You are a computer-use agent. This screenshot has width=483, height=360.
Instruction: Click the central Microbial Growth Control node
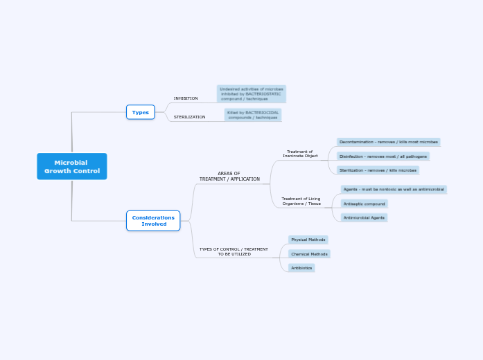point(72,166)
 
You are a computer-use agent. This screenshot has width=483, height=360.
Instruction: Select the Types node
point(141,112)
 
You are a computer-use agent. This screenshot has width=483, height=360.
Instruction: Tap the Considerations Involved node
point(153,221)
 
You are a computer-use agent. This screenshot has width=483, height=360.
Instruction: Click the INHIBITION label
point(186,98)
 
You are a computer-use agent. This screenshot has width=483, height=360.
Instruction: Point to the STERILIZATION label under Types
point(189,117)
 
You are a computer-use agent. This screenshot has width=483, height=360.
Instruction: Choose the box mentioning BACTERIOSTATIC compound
point(252,93)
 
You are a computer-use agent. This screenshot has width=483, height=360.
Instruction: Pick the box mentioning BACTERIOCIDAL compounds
point(253,115)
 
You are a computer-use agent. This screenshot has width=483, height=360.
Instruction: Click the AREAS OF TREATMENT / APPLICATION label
point(229,177)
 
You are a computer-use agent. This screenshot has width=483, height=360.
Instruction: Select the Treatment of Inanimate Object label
point(300,154)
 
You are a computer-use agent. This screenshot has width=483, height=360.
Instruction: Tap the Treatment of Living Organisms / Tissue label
point(301,201)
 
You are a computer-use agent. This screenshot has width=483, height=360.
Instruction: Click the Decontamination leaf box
point(389,142)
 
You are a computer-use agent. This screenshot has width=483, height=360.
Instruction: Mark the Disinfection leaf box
point(383,156)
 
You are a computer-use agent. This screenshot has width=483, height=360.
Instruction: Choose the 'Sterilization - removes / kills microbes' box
point(378,170)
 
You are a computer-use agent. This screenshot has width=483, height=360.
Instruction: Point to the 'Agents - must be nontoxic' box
point(394,189)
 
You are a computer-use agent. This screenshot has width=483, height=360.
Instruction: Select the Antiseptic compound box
point(365,204)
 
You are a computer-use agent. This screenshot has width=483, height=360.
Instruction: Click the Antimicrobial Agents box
point(364,217)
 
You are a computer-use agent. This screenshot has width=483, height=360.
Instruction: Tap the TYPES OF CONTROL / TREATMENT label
point(234,251)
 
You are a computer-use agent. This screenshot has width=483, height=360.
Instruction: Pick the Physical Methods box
point(308,240)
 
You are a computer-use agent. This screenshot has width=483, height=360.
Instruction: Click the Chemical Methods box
point(309,254)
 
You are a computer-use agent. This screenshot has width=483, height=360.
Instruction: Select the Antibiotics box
point(301,268)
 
